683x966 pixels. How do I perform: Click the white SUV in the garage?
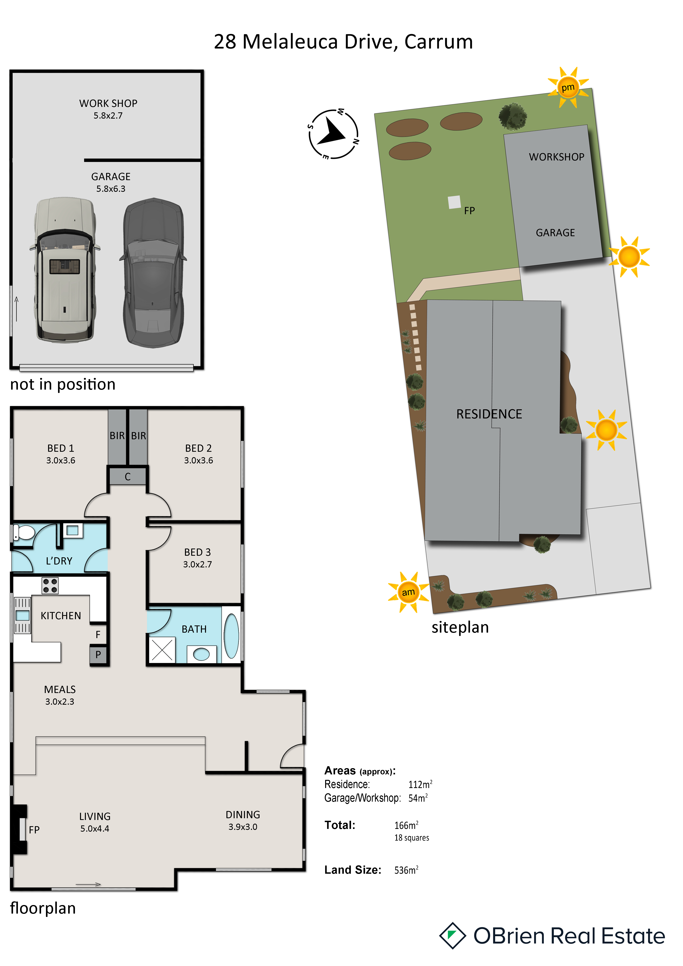(x=65, y=270)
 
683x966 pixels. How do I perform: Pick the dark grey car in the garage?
(x=153, y=273)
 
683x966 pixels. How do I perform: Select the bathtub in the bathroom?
(x=231, y=636)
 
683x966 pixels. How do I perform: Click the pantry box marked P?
(x=98, y=655)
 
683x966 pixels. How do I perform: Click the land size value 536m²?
(x=406, y=870)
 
